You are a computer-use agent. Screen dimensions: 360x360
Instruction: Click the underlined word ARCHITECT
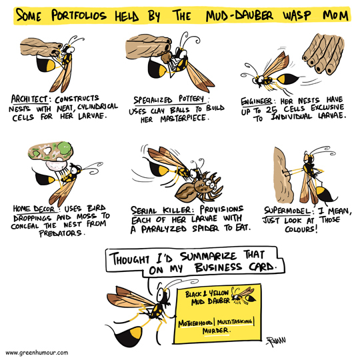click(x=29, y=99)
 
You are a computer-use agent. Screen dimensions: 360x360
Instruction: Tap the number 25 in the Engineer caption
click(x=271, y=110)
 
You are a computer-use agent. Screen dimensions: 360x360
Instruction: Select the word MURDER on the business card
click(x=215, y=331)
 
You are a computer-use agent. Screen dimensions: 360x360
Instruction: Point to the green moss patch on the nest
click(x=64, y=148)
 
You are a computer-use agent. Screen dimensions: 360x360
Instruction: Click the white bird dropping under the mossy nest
click(x=56, y=165)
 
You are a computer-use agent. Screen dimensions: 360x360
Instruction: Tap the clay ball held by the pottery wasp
click(x=166, y=57)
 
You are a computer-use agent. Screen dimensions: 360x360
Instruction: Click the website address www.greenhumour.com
click(x=37, y=353)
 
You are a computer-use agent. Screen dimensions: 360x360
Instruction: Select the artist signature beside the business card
click(x=276, y=341)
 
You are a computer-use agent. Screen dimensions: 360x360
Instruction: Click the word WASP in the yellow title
click(x=297, y=15)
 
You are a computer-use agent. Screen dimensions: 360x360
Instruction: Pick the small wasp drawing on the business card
click(x=243, y=295)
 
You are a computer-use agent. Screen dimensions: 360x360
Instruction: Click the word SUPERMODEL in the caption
click(x=287, y=211)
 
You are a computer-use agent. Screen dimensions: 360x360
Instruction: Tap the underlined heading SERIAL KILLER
click(x=161, y=210)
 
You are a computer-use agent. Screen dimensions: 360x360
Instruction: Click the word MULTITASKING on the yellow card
click(x=235, y=322)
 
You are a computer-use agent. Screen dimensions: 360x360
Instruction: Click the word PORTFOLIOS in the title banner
click(x=79, y=15)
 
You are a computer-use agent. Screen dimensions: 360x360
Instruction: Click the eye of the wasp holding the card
click(x=161, y=295)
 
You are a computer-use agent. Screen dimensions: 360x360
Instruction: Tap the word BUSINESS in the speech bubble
click(x=218, y=268)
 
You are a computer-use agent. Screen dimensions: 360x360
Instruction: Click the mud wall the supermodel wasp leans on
click(x=283, y=175)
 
